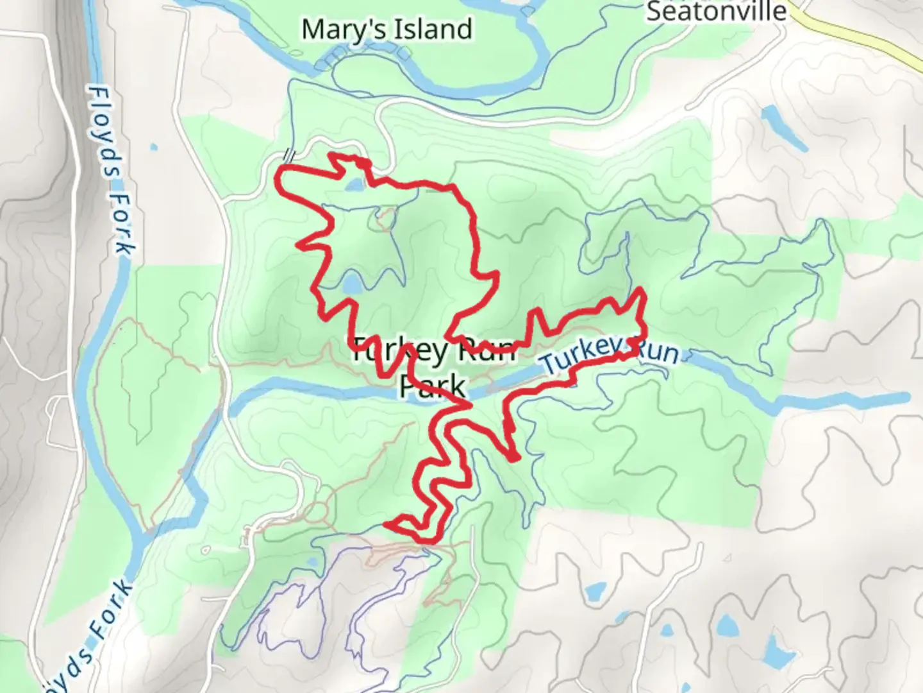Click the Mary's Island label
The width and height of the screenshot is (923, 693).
click(387, 30)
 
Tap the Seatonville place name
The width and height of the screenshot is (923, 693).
click(716, 11)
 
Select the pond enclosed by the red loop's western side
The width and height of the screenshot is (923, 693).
click(351, 285)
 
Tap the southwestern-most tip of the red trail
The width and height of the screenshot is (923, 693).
click(387, 526)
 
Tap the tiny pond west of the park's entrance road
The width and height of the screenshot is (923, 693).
click(154, 148)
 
